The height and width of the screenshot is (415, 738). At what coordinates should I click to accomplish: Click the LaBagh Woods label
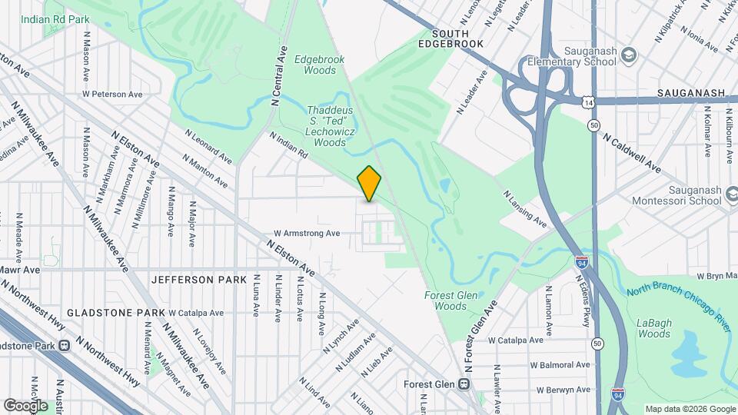coord(654,328)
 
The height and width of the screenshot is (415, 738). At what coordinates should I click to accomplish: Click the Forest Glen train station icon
coord(464,383)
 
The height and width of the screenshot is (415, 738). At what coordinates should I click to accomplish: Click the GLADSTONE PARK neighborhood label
coord(115,313)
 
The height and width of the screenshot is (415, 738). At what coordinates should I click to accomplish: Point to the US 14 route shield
coord(588,102)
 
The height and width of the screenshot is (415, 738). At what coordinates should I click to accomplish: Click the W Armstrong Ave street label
coord(307,233)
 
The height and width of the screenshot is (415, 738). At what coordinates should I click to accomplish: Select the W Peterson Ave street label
coord(112,95)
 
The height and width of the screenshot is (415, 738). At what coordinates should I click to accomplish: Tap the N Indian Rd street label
coord(288,144)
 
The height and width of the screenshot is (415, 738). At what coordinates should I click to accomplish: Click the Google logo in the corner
coord(25,405)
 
